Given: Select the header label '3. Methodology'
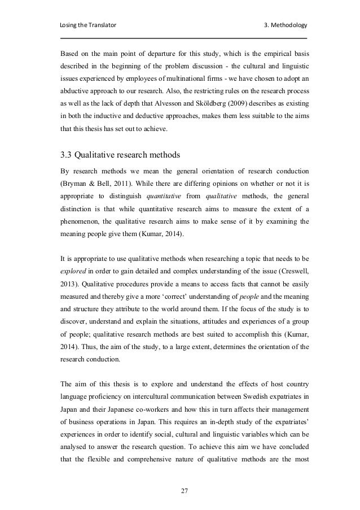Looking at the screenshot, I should pos(286,26).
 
